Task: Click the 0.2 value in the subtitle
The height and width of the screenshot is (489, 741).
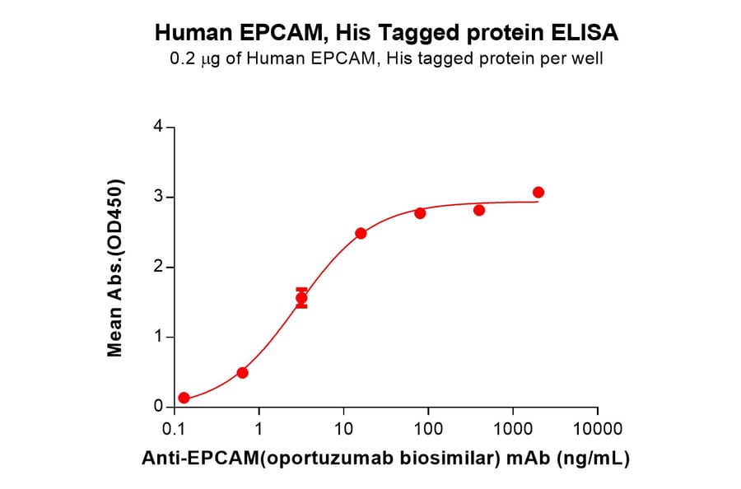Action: tap(183, 59)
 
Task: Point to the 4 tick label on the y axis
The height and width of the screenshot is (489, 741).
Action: tap(157, 128)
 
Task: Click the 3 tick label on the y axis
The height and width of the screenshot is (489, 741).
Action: tap(157, 198)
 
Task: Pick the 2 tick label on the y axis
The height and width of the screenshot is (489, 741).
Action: tap(157, 268)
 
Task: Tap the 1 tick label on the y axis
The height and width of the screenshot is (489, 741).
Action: tap(157, 338)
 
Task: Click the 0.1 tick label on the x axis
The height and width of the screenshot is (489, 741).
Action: tap(174, 429)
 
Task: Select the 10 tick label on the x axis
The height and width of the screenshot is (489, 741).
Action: tap(344, 429)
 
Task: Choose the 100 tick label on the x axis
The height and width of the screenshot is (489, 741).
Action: tap(428, 429)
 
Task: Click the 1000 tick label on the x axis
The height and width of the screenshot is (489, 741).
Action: tap(513, 429)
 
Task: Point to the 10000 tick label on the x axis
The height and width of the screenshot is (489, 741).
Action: tap(598, 429)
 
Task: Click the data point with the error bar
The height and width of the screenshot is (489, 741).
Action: tap(301, 298)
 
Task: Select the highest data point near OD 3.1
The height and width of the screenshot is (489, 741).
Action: tap(538, 193)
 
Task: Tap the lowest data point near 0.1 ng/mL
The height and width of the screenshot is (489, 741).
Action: tap(184, 398)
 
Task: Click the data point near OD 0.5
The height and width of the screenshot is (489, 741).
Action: tap(242, 373)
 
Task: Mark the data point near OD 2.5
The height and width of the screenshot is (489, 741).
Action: tap(361, 233)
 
